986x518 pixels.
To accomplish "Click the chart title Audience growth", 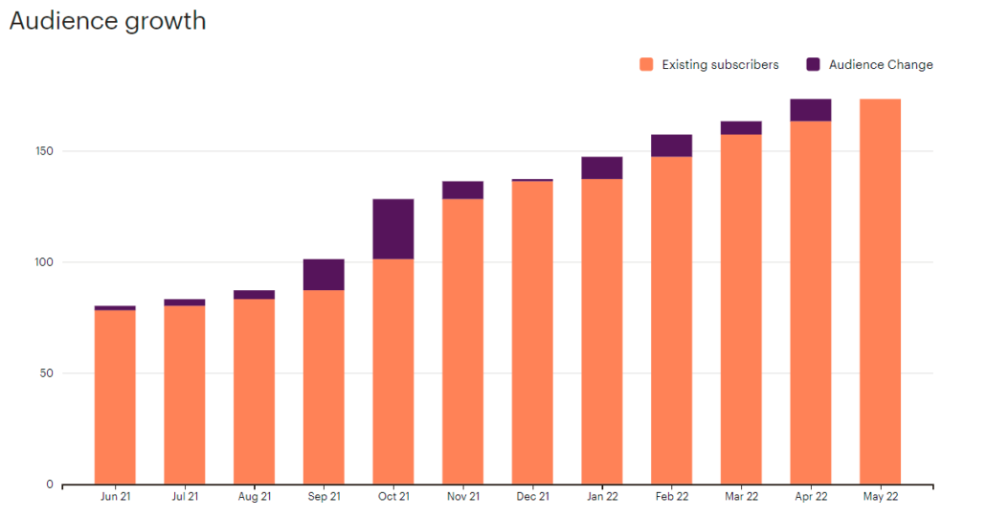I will pyautogui.click(x=107, y=20).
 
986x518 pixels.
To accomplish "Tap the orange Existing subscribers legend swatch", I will pyautogui.click(x=646, y=65).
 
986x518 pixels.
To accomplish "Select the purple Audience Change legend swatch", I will pyautogui.click(x=814, y=65).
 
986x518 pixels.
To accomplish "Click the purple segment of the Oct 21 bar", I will pyautogui.click(x=392, y=229).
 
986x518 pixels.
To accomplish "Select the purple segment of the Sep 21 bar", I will pyautogui.click(x=324, y=275).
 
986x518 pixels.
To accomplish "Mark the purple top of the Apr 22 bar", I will pyautogui.click(x=810, y=110).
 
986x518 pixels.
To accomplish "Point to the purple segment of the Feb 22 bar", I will pyautogui.click(x=671, y=146).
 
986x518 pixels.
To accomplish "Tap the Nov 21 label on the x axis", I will pyautogui.click(x=463, y=497).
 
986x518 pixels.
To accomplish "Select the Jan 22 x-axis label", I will pyautogui.click(x=602, y=497).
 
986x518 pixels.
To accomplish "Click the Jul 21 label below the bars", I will pyautogui.click(x=185, y=497).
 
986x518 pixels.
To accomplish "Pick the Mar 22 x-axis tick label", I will pyautogui.click(x=741, y=497).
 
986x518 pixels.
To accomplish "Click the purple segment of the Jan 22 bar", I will pyautogui.click(x=602, y=168).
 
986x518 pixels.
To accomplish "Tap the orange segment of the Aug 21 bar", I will pyautogui.click(x=254, y=392).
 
